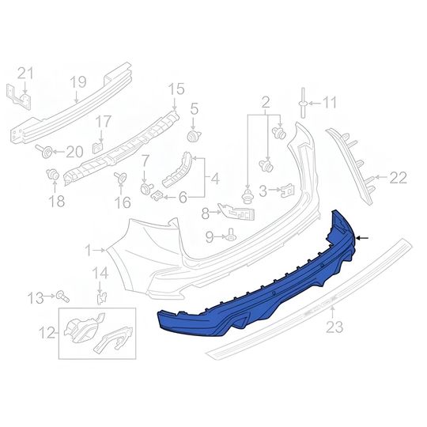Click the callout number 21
pyautogui.click(x=26, y=74)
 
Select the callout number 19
pyautogui.click(x=77, y=81)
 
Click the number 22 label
pyautogui.click(x=398, y=178)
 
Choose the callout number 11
pyautogui.click(x=329, y=102)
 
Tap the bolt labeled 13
pyautogui.click(x=62, y=297)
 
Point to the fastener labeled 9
pyautogui.click(x=231, y=234)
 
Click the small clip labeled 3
pyautogui.click(x=289, y=189)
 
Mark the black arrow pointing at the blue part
pyautogui.click(x=364, y=237)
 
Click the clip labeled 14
pyautogui.click(x=100, y=297)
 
